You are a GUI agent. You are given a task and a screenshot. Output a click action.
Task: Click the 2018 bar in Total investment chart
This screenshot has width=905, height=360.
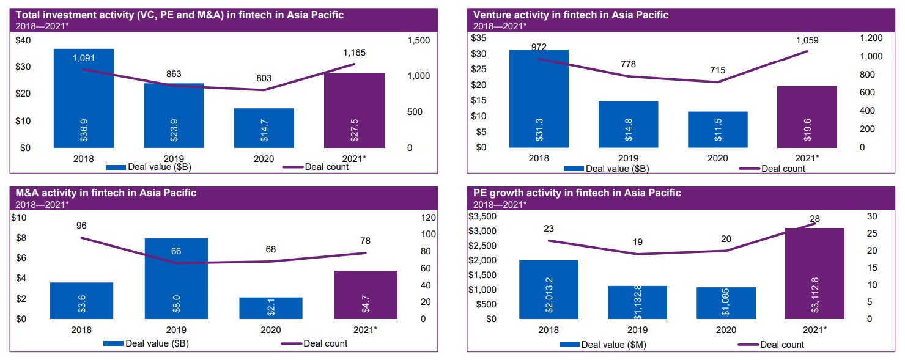[83, 98]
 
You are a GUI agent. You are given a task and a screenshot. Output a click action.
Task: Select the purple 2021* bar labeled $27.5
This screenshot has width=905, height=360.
[354, 110]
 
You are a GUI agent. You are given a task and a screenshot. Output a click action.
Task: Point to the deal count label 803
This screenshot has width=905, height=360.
[264, 78]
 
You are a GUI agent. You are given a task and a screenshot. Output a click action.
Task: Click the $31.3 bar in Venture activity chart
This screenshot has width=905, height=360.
[539, 98]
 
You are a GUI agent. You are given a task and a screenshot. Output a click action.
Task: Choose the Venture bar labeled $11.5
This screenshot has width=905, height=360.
[717, 130]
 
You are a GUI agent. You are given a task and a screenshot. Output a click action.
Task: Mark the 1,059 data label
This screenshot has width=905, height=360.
[807, 41]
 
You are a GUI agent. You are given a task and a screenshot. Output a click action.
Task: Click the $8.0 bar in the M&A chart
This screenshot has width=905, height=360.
[176, 278]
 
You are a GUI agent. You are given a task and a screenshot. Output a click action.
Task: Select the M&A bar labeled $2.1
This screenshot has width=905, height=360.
[271, 308]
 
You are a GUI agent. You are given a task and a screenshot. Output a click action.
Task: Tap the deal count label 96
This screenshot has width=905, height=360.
[81, 226]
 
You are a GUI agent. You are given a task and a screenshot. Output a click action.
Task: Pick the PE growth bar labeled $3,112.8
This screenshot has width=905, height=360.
[814, 273]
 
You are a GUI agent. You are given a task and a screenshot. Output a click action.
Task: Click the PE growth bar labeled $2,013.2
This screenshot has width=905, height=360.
[549, 290]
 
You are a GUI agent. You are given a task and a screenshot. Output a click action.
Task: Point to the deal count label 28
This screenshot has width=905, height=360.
[814, 219]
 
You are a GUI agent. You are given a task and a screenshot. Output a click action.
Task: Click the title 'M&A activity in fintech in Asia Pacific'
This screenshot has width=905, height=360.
[106, 193]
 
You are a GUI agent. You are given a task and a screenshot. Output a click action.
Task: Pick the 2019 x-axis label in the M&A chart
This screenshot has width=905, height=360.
[176, 330]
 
